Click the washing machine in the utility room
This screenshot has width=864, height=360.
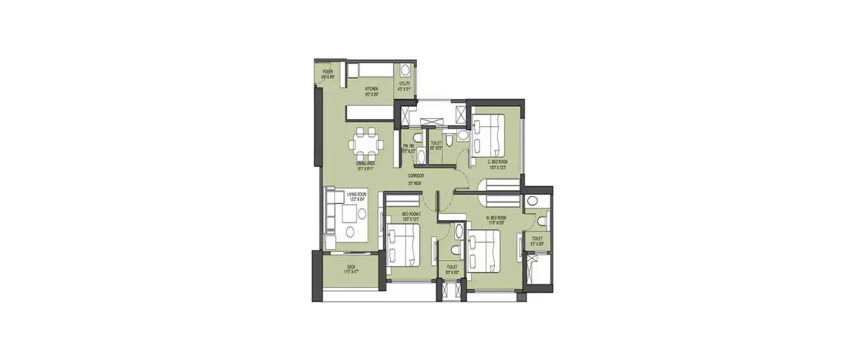click(405, 70)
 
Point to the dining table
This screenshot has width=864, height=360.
click(367, 144)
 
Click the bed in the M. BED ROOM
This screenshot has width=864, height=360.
click(484, 249)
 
